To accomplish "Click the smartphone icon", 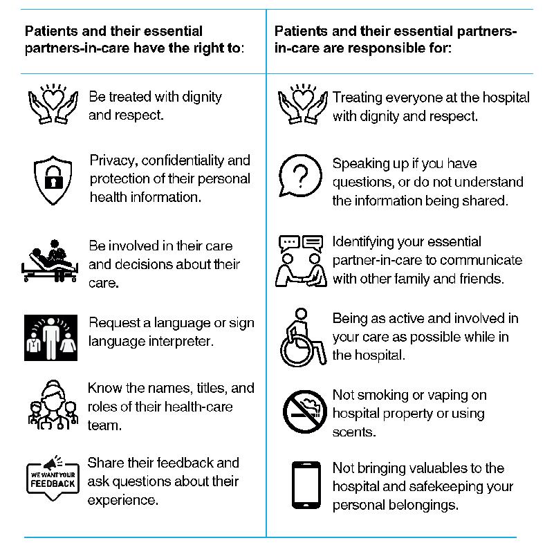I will [x=304, y=486].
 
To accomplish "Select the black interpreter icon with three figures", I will [x=53, y=338].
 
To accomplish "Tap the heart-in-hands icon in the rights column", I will [x=53, y=105].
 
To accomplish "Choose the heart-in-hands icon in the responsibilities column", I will [x=302, y=105].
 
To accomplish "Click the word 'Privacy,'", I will [x=113, y=161].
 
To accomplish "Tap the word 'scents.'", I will [x=353, y=432].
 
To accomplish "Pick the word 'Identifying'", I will [x=367, y=242].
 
